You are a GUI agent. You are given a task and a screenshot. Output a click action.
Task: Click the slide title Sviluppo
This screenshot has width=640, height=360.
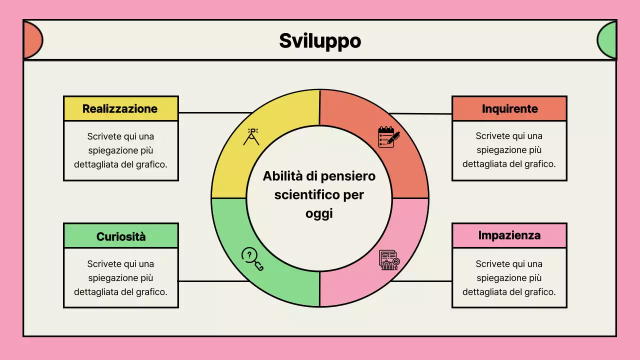[320, 41]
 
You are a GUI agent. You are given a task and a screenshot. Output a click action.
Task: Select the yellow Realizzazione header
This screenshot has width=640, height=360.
[120, 108]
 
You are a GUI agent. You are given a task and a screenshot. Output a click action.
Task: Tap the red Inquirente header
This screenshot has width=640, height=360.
[509, 108]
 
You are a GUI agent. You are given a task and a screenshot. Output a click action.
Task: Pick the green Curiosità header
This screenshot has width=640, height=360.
[120, 236]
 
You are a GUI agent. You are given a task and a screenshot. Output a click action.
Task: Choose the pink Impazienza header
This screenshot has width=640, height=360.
[509, 235]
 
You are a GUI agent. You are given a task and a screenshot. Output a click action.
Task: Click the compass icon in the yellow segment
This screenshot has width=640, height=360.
[251, 136]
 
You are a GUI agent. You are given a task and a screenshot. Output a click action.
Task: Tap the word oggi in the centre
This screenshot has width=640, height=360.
[319, 213]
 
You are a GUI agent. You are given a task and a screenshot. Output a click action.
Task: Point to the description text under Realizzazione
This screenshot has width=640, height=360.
[120, 150]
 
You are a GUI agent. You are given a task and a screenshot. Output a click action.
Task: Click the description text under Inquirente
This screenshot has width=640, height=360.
[509, 150]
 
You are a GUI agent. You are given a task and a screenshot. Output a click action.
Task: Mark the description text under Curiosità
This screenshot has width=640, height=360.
[120, 277]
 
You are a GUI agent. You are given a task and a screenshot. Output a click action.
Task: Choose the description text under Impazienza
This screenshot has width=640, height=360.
[509, 277]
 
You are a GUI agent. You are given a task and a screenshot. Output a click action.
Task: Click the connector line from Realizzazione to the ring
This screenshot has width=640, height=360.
[215, 112]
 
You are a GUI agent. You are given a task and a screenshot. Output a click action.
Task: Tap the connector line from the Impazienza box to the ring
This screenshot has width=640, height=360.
[421, 281]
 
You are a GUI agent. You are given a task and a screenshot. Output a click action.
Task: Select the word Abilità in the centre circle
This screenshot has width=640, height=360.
[280, 176]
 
